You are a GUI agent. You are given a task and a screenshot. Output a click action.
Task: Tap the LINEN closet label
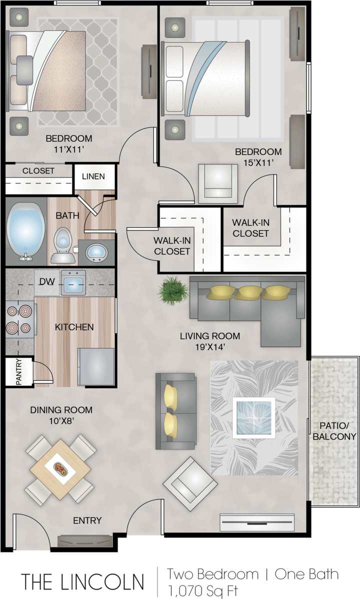93,176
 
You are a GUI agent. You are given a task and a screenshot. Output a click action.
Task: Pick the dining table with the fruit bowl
60,469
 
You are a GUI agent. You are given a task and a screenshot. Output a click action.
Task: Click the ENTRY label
87,520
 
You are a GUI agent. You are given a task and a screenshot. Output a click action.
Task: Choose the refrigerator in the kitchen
96,366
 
